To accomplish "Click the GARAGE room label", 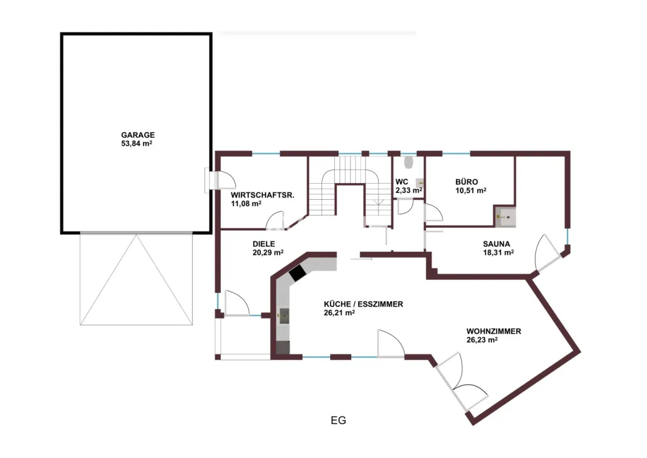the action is [138, 135].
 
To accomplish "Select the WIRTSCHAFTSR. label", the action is [263, 195].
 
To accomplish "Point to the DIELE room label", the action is [264, 244].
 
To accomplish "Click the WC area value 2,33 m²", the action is [409, 191].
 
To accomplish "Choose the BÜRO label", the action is [467, 181].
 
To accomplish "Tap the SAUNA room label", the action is [497, 244].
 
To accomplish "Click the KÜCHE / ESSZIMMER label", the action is [363, 305].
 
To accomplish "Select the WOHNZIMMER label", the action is [494, 331].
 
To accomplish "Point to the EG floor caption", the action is [338, 420].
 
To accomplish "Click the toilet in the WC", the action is [409, 162].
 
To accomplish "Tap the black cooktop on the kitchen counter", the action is [297, 273].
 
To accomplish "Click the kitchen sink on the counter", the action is [284, 315].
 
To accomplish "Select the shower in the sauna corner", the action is [506, 216].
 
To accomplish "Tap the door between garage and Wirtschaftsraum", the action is [221, 180].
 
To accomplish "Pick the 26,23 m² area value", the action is [482, 340].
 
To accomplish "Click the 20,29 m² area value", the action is [268, 252].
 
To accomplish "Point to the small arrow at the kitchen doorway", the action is [362, 259].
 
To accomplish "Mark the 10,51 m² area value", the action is [471, 191].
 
